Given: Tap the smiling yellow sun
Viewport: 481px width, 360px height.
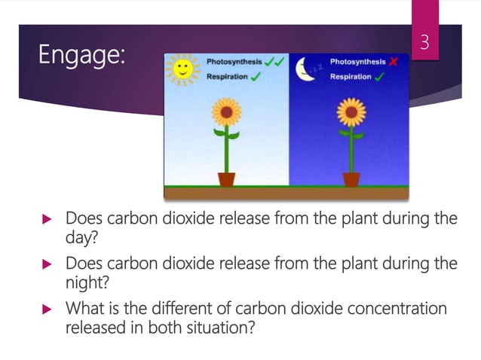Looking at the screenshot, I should pyautogui.click(x=181, y=71).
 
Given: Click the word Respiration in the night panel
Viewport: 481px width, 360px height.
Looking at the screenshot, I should pyautogui.click(x=351, y=77).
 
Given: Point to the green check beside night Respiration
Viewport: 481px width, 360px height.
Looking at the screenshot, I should pyautogui.click(x=380, y=77).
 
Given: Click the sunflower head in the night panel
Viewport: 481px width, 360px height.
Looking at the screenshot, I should pyautogui.click(x=351, y=114).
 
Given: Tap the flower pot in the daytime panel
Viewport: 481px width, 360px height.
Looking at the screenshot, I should pyautogui.click(x=226, y=179).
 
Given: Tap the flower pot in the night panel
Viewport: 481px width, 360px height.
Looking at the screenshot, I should pyautogui.click(x=351, y=179).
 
